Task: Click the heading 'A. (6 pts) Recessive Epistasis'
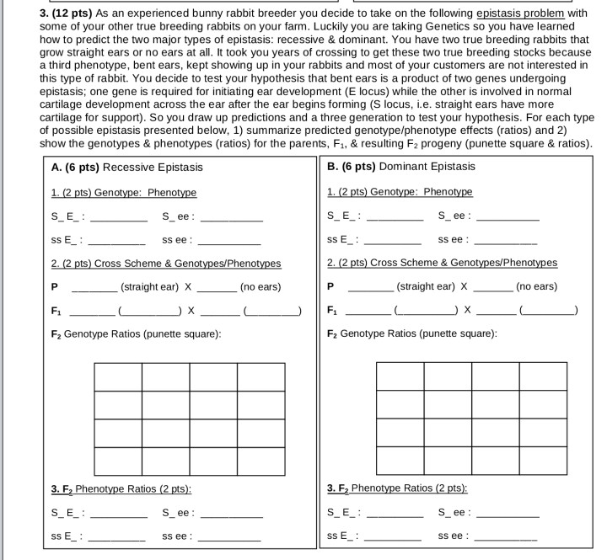[x=126, y=167]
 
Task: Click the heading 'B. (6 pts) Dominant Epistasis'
[x=401, y=167]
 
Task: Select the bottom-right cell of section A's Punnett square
[x=261, y=461]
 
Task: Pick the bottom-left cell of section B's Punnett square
[x=400, y=461]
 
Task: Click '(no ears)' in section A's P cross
[x=261, y=287]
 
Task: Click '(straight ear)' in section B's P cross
[x=426, y=286]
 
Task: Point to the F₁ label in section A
[x=56, y=311]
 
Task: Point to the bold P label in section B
[x=330, y=287]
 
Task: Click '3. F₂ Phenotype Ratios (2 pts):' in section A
[x=121, y=489]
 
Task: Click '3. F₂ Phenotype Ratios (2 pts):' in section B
[x=396, y=488]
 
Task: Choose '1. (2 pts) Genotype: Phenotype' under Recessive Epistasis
[x=123, y=193]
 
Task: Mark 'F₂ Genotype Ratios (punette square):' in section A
[x=136, y=334]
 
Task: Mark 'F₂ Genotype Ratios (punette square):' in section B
[x=411, y=334]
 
